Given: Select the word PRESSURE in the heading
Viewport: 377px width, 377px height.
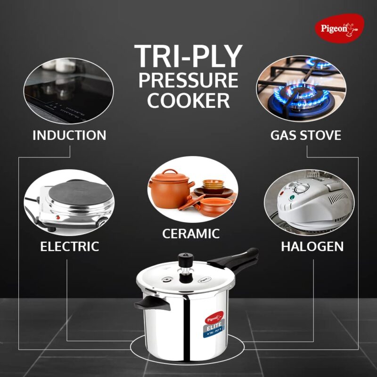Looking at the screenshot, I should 188,80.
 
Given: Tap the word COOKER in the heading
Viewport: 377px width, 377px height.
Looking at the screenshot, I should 188,100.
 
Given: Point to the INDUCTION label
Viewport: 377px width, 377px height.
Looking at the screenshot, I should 69,136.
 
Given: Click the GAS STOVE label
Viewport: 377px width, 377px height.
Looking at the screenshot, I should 306,136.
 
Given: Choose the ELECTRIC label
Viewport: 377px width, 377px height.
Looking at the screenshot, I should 69,246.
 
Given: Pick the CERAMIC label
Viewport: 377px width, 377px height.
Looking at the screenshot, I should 191,233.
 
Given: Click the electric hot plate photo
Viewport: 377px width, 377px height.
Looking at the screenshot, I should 69,204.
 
